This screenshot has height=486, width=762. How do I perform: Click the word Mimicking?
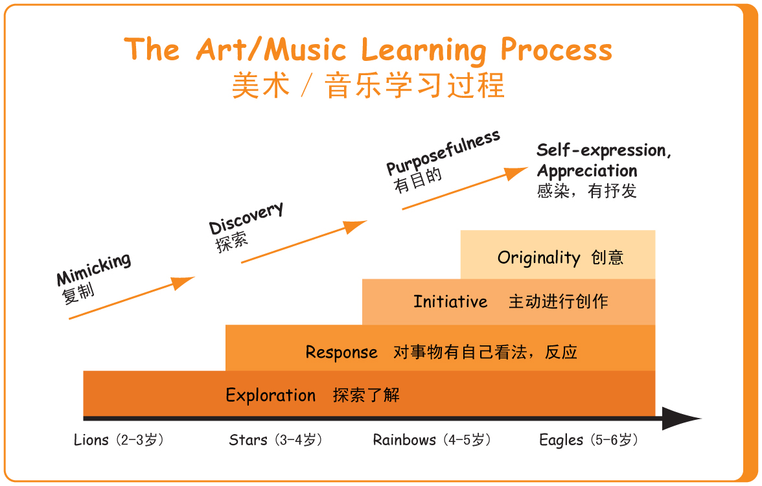(x=93, y=270)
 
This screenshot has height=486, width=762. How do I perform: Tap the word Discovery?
(x=246, y=218)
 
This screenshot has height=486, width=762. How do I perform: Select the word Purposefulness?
(x=443, y=152)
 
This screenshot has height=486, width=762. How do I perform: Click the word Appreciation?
(x=587, y=170)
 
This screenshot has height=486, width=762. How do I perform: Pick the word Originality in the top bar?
(x=538, y=258)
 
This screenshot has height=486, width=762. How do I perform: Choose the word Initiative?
(x=450, y=301)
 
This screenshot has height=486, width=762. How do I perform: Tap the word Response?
(x=341, y=353)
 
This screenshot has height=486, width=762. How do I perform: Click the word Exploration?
(x=270, y=395)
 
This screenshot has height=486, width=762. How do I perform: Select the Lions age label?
(x=119, y=440)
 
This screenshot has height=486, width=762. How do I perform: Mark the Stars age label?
(x=275, y=440)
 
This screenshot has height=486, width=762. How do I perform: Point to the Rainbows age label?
(x=432, y=440)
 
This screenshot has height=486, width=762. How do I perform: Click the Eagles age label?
(x=588, y=440)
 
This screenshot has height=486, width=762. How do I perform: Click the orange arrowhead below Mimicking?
(x=183, y=283)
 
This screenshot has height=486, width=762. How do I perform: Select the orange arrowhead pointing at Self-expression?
(x=515, y=173)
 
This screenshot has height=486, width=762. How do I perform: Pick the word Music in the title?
(x=305, y=49)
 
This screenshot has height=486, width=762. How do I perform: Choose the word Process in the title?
(x=557, y=49)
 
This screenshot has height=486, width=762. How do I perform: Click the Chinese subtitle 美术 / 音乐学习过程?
(x=368, y=86)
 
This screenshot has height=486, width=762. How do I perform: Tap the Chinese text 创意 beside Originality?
(x=608, y=257)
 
